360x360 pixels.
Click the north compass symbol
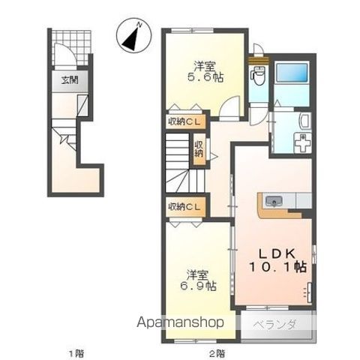(134, 35)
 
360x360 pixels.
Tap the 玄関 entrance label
(70, 80)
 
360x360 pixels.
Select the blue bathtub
(292, 73)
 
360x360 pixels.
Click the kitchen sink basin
(274, 200)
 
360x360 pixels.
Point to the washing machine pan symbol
(302, 142)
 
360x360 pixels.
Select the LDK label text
(277, 253)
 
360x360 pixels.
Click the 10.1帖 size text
(277, 267)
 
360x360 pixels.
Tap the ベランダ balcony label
(274, 325)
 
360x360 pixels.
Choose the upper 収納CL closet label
(184, 121)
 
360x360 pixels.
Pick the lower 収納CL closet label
(184, 206)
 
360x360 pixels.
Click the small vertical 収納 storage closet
(199, 149)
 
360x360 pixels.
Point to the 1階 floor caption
(76, 353)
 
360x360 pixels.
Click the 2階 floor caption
(217, 353)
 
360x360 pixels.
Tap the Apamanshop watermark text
(180, 322)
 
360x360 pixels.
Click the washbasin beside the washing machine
(305, 121)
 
